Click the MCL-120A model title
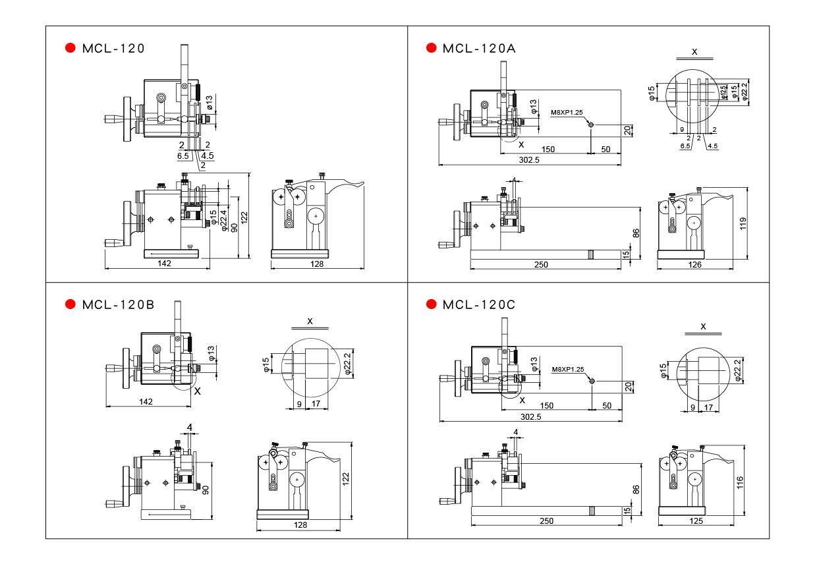click(x=479, y=49)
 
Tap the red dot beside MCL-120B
click(x=70, y=304)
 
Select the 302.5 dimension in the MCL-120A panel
click(x=529, y=160)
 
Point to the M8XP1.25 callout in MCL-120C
click(x=568, y=369)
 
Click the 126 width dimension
click(x=695, y=264)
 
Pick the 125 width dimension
click(x=696, y=521)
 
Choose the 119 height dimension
click(x=743, y=223)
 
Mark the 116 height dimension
click(x=740, y=482)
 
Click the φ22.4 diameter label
click(x=224, y=220)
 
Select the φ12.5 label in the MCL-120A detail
click(x=723, y=92)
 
